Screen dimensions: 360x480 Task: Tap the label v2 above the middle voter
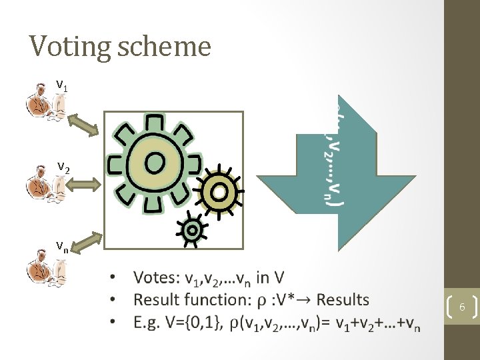63,166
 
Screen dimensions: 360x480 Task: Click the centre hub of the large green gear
155,161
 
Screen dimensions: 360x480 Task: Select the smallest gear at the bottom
191,229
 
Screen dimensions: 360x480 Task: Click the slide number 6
461,307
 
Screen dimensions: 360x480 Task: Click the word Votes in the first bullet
156,277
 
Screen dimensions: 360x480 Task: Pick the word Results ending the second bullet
343,300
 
